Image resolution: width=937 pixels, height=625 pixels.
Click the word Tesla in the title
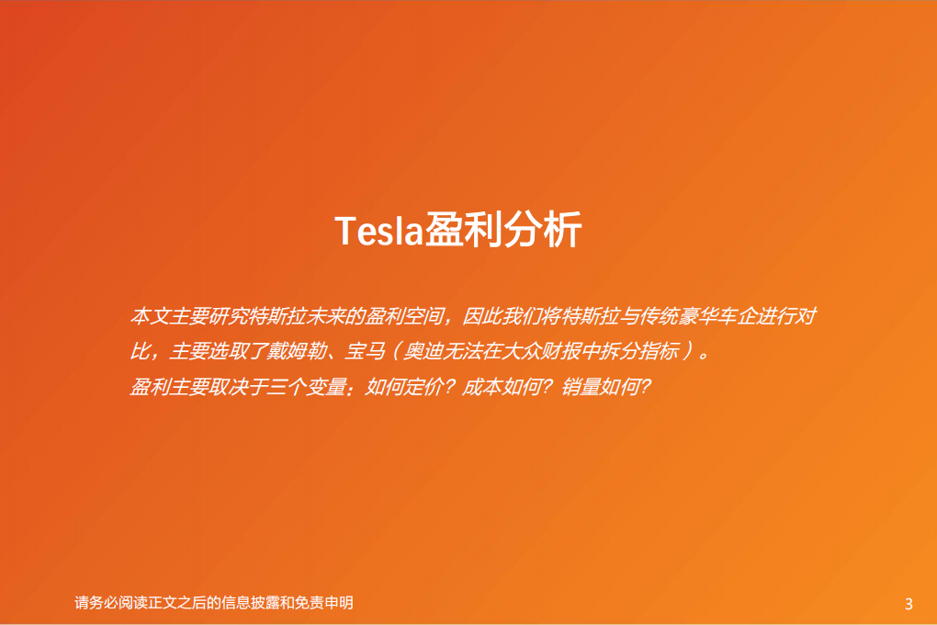(x=378, y=231)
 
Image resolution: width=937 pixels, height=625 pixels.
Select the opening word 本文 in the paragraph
(x=151, y=317)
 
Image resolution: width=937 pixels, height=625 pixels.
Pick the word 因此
(x=483, y=317)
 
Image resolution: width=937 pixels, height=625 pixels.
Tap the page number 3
(x=909, y=604)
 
